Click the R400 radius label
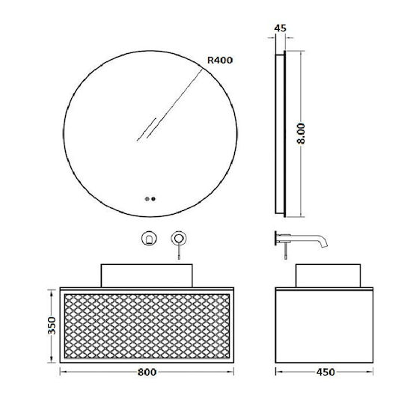pyautogui.click(x=220, y=61)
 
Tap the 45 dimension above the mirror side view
pyautogui.click(x=280, y=28)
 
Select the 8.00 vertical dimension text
pyautogui.click(x=301, y=133)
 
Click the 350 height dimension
pyautogui.click(x=52, y=325)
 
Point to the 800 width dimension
pyautogui.click(x=147, y=372)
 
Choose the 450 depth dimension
pyautogui.click(x=325, y=372)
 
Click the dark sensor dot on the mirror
pyautogui.click(x=153, y=199)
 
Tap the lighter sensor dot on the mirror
pyautogui.click(x=147, y=199)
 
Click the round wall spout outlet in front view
pyautogui.click(x=149, y=239)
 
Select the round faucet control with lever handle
pyautogui.click(x=179, y=239)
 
